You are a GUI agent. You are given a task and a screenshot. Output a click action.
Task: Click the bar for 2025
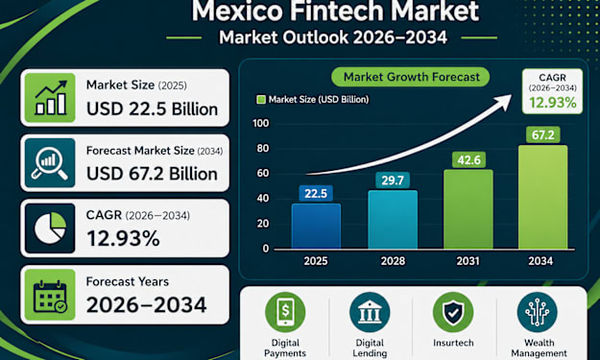[x=316, y=227]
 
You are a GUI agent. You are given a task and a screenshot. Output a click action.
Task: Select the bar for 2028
[x=393, y=220]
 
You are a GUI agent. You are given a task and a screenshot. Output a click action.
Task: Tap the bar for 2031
[x=468, y=209]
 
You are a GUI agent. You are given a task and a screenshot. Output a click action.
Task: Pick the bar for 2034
[x=543, y=197]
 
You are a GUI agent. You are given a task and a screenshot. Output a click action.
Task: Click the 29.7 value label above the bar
[x=393, y=180]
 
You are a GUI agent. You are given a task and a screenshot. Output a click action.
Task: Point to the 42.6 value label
[x=468, y=159]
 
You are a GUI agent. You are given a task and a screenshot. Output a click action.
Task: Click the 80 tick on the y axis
[x=262, y=149]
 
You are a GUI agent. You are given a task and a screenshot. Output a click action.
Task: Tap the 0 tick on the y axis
[x=266, y=249]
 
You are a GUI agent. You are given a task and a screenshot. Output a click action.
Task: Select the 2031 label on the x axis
[x=468, y=261]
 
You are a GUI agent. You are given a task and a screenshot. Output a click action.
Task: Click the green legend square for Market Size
[x=261, y=100]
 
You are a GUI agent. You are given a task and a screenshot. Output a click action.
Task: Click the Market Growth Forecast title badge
[x=411, y=77]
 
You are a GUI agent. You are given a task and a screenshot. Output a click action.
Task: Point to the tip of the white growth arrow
[x=512, y=95]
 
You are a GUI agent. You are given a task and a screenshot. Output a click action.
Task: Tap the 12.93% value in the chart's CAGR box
[x=553, y=103]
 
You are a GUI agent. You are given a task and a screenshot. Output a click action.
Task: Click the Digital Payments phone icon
[x=285, y=312]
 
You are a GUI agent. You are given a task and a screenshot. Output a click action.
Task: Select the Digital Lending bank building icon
[x=370, y=312]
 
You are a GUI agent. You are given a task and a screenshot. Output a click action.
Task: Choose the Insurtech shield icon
[x=453, y=312]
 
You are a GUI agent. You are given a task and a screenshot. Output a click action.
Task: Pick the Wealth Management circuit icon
[x=538, y=312]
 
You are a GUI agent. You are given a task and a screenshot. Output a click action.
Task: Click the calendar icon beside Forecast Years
[x=50, y=296]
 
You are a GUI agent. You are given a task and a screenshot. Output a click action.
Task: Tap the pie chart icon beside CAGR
[x=50, y=228]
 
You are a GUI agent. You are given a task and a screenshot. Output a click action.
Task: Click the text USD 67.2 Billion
[x=152, y=174]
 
